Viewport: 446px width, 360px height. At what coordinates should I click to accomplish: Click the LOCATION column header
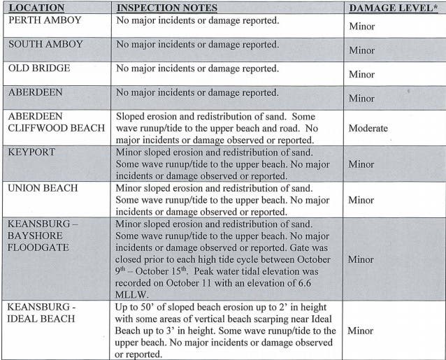36,8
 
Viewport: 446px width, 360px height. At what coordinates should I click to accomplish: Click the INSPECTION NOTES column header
166,8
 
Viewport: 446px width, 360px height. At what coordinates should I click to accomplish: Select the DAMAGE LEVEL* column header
392,8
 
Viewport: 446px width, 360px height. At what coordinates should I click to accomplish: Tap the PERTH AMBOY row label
45,20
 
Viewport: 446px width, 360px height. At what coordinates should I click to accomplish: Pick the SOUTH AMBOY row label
45,44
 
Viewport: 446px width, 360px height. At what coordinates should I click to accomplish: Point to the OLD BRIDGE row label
41,69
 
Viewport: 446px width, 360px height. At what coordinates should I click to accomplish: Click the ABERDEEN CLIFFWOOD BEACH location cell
55,122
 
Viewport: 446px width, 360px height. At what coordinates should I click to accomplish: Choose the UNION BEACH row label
43,188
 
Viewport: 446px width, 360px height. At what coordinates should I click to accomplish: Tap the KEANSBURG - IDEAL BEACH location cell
43,312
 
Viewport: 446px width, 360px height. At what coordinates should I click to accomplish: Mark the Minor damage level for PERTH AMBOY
361,27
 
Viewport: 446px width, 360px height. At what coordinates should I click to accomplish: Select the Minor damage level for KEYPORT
361,164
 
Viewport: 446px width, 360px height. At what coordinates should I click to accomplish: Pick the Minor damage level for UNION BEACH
361,200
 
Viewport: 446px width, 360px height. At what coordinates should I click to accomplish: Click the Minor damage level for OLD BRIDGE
361,74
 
